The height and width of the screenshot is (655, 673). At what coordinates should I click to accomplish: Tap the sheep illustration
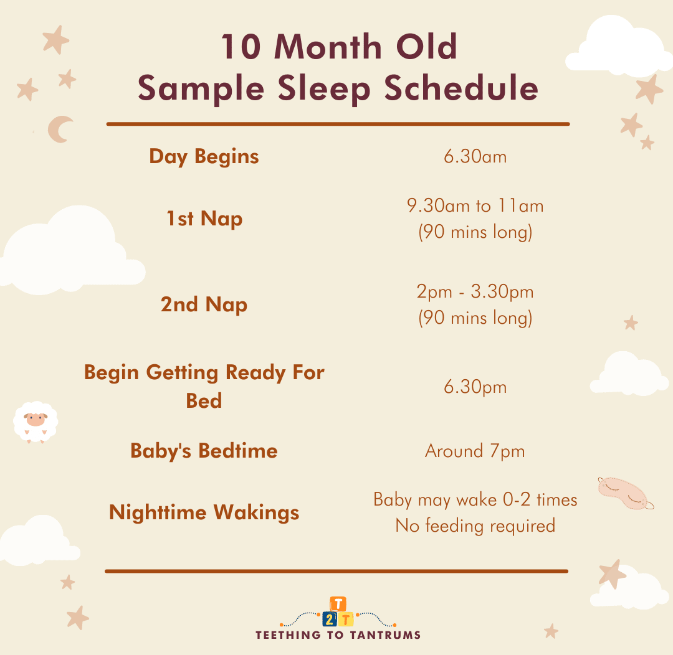pyautogui.click(x=35, y=422)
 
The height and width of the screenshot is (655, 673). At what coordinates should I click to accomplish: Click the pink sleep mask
pyautogui.click(x=625, y=493)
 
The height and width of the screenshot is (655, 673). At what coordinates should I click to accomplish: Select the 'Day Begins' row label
pyautogui.click(x=204, y=157)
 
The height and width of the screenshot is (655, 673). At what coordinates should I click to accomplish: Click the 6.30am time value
pyautogui.click(x=475, y=156)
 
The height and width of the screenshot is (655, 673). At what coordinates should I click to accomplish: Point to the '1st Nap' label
pyautogui.click(x=204, y=219)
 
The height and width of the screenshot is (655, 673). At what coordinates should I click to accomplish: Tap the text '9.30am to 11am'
pyautogui.click(x=475, y=206)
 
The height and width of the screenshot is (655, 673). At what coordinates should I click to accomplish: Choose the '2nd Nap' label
pyautogui.click(x=204, y=304)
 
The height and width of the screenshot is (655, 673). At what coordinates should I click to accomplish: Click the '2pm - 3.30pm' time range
pyautogui.click(x=475, y=292)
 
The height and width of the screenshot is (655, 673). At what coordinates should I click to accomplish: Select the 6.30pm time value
pyautogui.click(x=475, y=387)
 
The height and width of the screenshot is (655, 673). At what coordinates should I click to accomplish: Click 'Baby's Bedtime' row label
pyautogui.click(x=204, y=451)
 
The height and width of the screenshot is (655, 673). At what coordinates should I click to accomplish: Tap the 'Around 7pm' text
pyautogui.click(x=475, y=451)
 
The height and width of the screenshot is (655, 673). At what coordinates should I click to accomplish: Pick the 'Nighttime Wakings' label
pyautogui.click(x=204, y=512)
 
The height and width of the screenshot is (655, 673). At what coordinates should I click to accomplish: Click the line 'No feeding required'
pyautogui.click(x=475, y=526)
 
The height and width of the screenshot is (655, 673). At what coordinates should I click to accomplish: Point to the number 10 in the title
pyautogui.click(x=241, y=47)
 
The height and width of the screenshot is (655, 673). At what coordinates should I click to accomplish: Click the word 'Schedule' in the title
pyautogui.click(x=461, y=88)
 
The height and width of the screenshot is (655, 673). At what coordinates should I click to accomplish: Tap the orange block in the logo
pyautogui.click(x=338, y=605)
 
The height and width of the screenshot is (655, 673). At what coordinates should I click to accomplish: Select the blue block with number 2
pyautogui.click(x=330, y=620)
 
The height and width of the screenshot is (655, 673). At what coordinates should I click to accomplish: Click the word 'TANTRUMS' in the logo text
pyautogui.click(x=385, y=635)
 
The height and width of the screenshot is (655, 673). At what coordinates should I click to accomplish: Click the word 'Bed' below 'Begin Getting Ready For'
pyautogui.click(x=204, y=401)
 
